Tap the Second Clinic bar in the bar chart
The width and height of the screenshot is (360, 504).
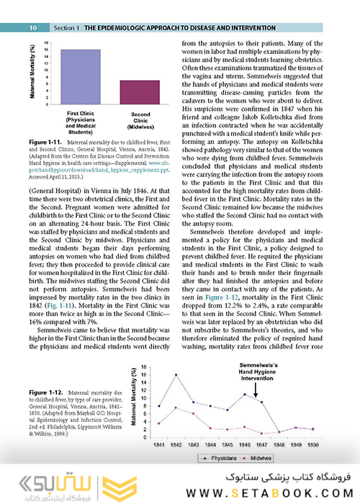tap(130, 93)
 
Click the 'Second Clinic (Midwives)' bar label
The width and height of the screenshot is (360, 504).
tap(130, 120)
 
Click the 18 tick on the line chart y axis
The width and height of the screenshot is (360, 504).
tap(145, 367)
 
